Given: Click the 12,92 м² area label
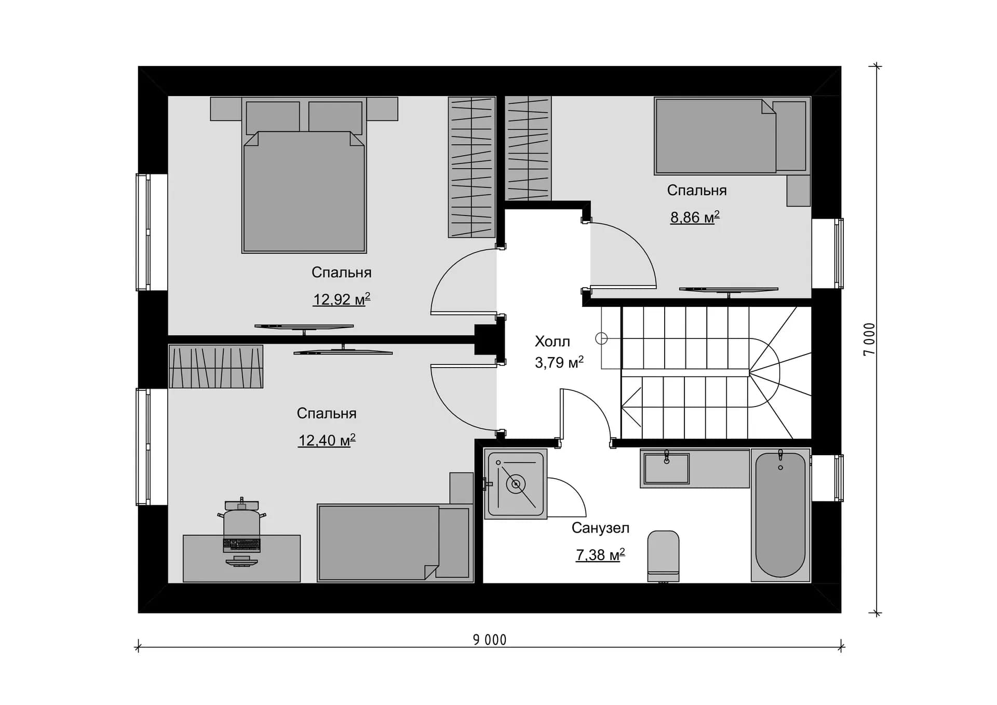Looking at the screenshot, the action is coord(341,299).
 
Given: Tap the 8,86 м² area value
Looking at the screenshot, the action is coord(695,217).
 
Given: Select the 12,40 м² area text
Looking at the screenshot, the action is coord(327,440).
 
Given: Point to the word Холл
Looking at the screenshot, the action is coord(552,341).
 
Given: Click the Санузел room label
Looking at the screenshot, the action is coord(600,528).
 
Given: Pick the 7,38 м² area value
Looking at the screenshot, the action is coord(600,555).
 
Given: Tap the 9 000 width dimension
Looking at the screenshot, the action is coord(489,640).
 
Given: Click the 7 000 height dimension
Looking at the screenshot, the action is coord(869,339).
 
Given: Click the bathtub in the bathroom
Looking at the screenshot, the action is coord(780,515).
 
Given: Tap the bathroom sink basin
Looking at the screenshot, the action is coord(666,468).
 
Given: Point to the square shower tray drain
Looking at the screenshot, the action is coord(516,484).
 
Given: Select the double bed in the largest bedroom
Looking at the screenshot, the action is coord(304,175).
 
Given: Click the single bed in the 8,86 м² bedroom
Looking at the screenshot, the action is coord(732,136).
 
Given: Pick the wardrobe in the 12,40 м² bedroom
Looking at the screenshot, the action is coord(216,367).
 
